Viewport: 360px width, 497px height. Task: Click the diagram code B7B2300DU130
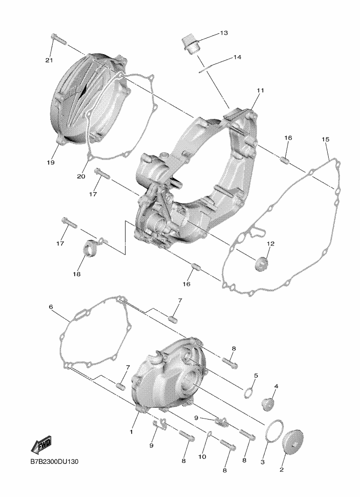coord(54,462)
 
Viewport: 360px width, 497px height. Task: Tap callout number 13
coord(224,33)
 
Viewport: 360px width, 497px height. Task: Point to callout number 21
coord(49,60)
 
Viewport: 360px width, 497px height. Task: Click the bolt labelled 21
coord(59,40)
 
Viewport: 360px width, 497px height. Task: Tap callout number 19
coord(50,162)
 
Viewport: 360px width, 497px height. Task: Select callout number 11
coord(261,91)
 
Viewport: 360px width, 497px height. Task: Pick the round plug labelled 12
coord(262,264)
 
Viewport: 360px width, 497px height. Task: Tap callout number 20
coord(81,176)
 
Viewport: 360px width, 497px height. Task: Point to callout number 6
coord(51,307)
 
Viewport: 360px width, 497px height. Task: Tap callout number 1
coord(131,431)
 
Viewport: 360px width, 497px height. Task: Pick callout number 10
coord(202,457)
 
